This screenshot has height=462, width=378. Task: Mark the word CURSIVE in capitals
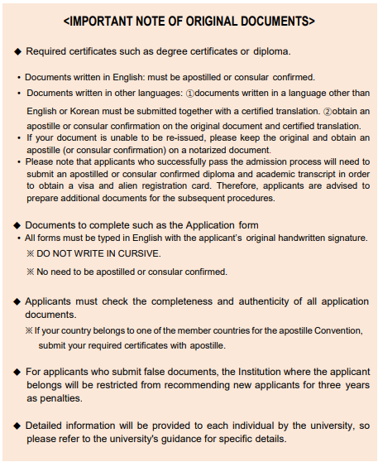(x=139, y=253)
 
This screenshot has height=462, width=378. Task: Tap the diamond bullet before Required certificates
(x=17, y=51)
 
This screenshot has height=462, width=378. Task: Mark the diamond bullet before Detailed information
(x=17, y=426)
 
